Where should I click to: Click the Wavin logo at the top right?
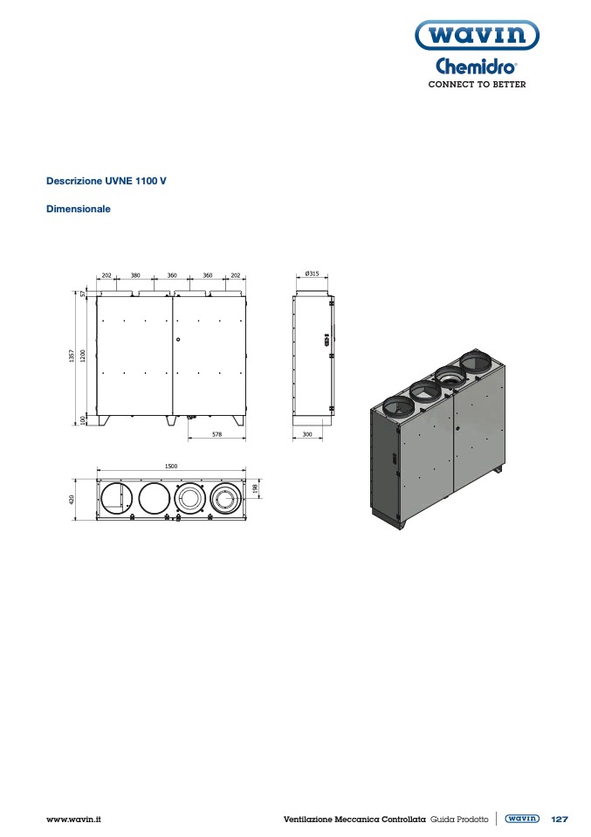tap(477, 35)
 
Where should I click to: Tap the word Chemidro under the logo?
tap(476, 66)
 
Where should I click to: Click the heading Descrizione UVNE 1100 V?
tap(107, 181)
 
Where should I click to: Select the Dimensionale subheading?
tap(79, 209)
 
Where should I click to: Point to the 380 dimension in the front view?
tap(135, 275)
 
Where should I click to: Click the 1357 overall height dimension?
tap(72, 356)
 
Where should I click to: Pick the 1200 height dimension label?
tap(83, 356)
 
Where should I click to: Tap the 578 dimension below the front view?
tap(216, 434)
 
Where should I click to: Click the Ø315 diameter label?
tap(312, 273)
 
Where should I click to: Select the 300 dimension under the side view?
tap(307, 434)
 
